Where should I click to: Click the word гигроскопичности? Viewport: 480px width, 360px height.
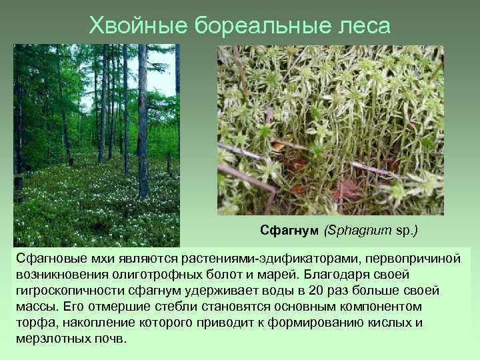click(67, 291)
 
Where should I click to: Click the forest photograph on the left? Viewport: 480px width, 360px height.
click(96, 144)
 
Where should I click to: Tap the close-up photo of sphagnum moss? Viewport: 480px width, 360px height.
click(330, 130)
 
